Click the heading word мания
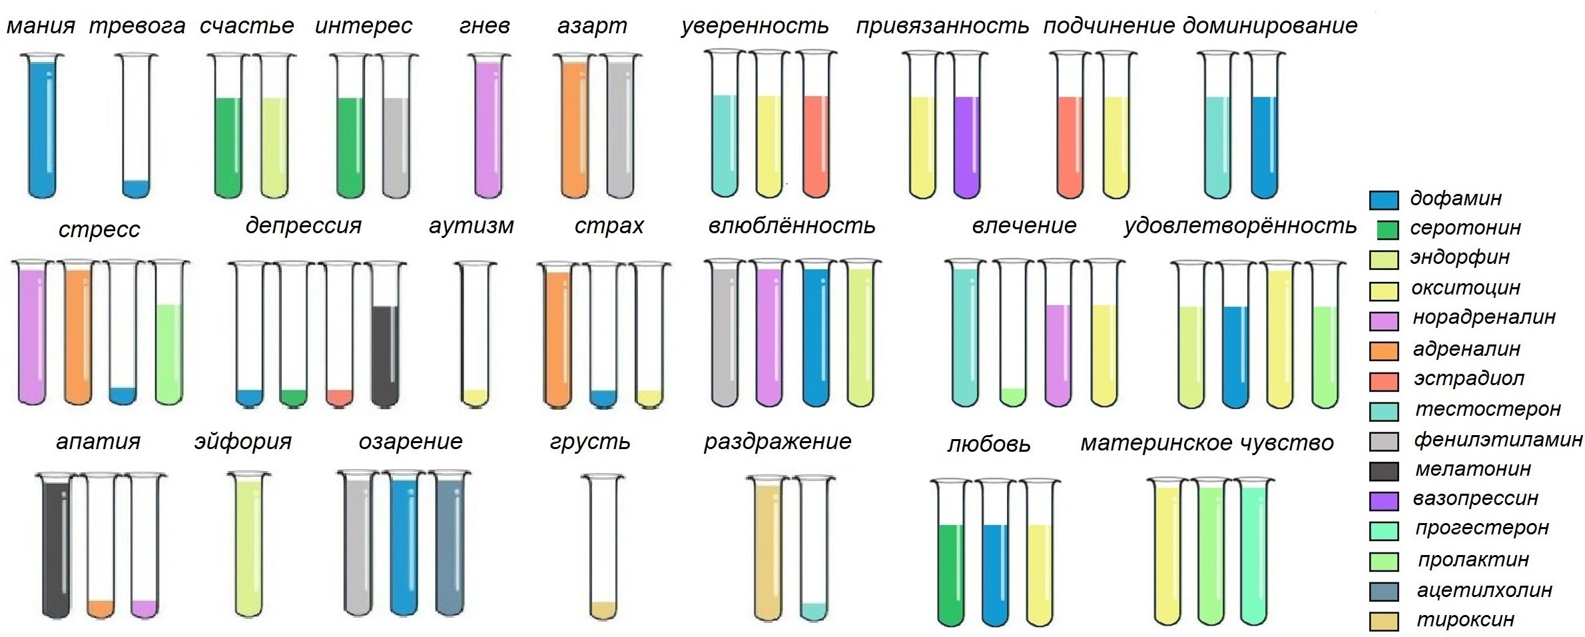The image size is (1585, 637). [x=41, y=27]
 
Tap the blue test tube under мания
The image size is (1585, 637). [x=42, y=125]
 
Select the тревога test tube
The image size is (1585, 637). [x=137, y=125]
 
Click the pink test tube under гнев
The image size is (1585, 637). [x=488, y=125]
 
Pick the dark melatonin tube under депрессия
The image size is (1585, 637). [x=385, y=333]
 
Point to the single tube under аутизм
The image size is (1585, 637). [x=475, y=333]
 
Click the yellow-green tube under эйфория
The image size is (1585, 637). [x=249, y=544]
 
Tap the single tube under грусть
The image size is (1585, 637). [x=603, y=546]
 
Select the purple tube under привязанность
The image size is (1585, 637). [x=967, y=125]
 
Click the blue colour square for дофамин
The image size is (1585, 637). [x=1383, y=200]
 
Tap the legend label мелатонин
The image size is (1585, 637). [x=1473, y=469]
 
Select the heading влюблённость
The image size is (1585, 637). [x=792, y=226]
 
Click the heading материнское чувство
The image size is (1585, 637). [x=1207, y=442]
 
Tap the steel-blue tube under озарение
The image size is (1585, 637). [x=449, y=544]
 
